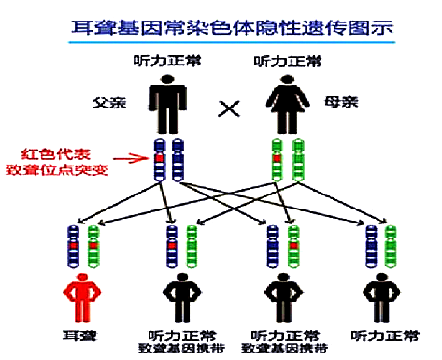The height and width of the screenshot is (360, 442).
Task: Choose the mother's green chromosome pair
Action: [x=286, y=160]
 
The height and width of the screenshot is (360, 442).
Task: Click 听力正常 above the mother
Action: [x=283, y=63]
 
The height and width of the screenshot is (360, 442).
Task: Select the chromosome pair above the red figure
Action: [x=82, y=244]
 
